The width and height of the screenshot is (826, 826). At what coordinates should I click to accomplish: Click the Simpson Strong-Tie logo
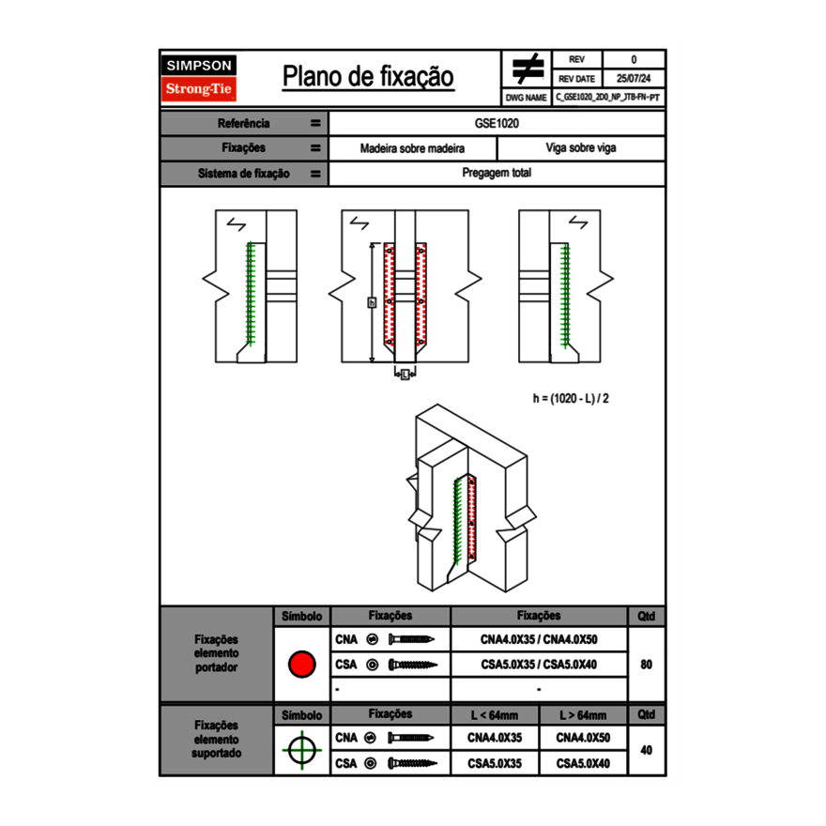tap(199, 78)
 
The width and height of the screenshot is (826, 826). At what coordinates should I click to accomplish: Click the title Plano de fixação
tap(368, 77)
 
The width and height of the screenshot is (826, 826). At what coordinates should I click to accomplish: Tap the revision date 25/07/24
tap(634, 79)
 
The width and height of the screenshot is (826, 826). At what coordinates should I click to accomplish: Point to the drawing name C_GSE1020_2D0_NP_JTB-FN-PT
tap(607, 97)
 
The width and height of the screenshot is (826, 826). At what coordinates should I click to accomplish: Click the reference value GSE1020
tap(497, 123)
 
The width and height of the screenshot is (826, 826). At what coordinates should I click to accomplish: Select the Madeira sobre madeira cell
tap(412, 148)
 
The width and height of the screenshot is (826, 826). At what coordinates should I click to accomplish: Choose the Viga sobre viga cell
tap(580, 148)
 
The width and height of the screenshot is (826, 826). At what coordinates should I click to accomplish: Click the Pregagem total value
tap(497, 174)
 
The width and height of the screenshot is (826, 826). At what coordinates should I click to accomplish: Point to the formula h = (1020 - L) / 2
tap(572, 398)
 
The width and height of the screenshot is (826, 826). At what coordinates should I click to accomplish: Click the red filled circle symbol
tap(300, 665)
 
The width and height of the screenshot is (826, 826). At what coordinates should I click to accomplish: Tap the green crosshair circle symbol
tap(300, 751)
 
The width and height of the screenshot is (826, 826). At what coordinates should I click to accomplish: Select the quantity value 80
tap(646, 665)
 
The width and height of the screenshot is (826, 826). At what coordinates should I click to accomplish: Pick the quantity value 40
tap(646, 751)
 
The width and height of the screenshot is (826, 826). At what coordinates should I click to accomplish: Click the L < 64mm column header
tap(495, 715)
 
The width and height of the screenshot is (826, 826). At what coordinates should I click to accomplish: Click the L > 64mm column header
tap(583, 715)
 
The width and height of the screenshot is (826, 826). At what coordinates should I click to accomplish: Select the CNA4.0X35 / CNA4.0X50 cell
tap(539, 639)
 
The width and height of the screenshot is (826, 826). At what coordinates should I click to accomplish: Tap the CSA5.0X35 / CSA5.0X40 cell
tap(539, 665)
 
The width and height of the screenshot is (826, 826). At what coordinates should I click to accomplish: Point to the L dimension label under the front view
tap(405, 375)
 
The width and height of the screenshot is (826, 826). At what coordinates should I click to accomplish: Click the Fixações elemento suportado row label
tap(216, 739)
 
